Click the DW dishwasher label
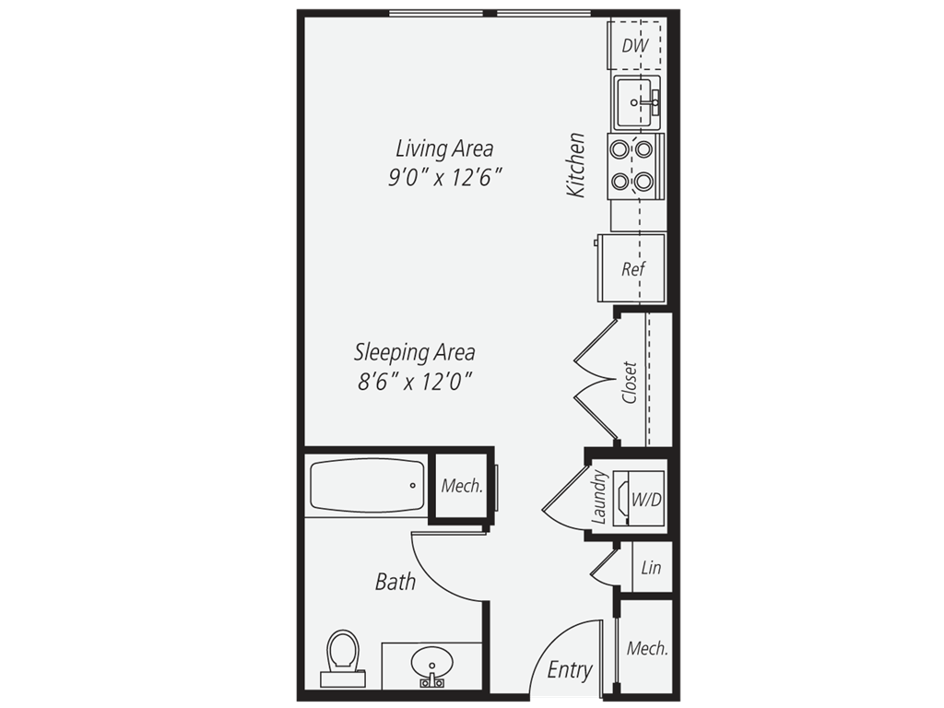point(634,45)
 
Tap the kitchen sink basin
point(637,102)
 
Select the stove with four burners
point(635,166)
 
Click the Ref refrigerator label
point(633,268)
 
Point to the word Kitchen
point(576,164)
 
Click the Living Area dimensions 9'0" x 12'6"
point(445,178)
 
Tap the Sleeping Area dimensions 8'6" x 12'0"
point(414,381)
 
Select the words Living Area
point(444,148)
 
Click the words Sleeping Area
point(414,352)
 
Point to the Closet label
point(630,383)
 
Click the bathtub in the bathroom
point(367,486)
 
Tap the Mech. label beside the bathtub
point(462,485)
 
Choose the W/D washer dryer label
point(646,499)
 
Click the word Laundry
point(600,497)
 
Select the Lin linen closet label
point(651,567)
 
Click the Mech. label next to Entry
point(647,648)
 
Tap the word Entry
point(570,669)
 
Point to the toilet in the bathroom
point(343,658)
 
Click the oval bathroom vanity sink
point(431,663)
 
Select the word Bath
point(395,582)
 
